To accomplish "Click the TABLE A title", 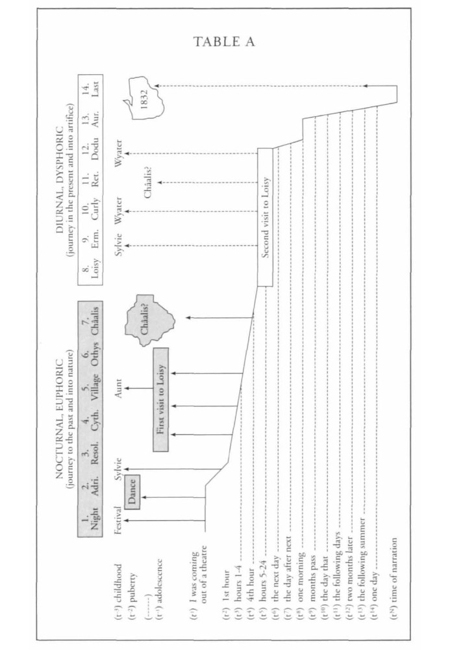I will point(225,42).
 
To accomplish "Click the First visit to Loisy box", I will point(160,399).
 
